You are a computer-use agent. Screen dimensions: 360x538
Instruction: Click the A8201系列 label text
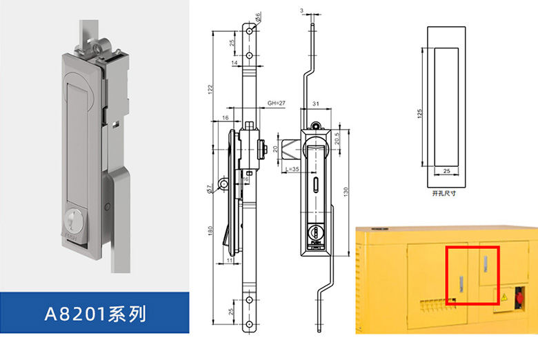(95, 314)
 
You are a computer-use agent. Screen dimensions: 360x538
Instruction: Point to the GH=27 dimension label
(276, 102)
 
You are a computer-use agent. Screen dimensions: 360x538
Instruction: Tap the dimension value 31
(315, 103)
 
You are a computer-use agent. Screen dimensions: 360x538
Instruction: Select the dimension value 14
(235, 63)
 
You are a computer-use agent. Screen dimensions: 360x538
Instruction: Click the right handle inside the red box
(486, 262)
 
